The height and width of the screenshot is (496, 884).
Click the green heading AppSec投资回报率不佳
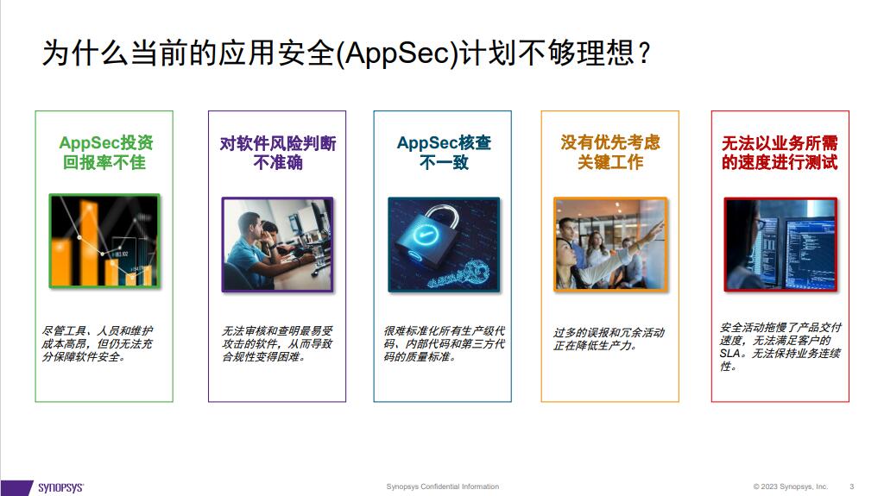[x=104, y=152]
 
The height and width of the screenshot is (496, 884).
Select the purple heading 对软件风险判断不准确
[x=277, y=152]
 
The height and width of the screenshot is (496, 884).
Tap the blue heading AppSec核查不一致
[x=443, y=152]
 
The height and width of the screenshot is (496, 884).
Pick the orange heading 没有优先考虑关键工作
[x=609, y=152]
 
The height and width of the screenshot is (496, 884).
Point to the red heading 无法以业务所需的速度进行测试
[x=780, y=152]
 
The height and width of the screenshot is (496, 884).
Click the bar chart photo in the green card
[x=104, y=241]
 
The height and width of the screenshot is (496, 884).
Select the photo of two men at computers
[x=277, y=243]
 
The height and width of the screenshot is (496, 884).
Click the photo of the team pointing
[x=609, y=243]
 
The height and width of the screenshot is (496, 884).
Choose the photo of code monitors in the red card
[x=780, y=243]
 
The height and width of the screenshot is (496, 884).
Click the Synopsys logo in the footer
[x=60, y=487]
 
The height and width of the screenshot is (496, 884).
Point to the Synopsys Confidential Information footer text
[x=442, y=487]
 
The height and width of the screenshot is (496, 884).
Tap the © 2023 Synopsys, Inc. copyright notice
[x=790, y=487]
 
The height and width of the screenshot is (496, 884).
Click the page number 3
[x=852, y=487]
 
